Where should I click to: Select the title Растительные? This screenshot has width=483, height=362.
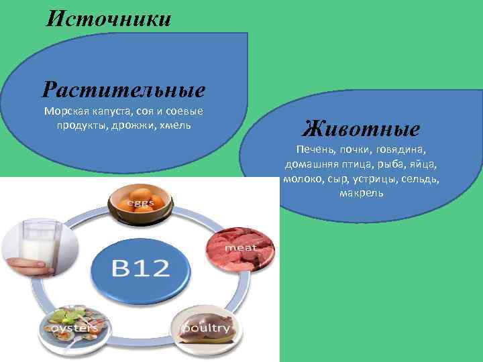(x=123, y=89)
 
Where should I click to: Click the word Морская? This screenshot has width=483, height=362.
(x=65, y=111)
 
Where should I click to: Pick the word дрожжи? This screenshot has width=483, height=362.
(x=131, y=125)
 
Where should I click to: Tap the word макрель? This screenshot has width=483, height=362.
(x=361, y=193)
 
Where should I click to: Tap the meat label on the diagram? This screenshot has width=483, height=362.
(x=241, y=248)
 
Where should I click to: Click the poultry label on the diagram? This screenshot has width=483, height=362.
(x=207, y=328)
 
